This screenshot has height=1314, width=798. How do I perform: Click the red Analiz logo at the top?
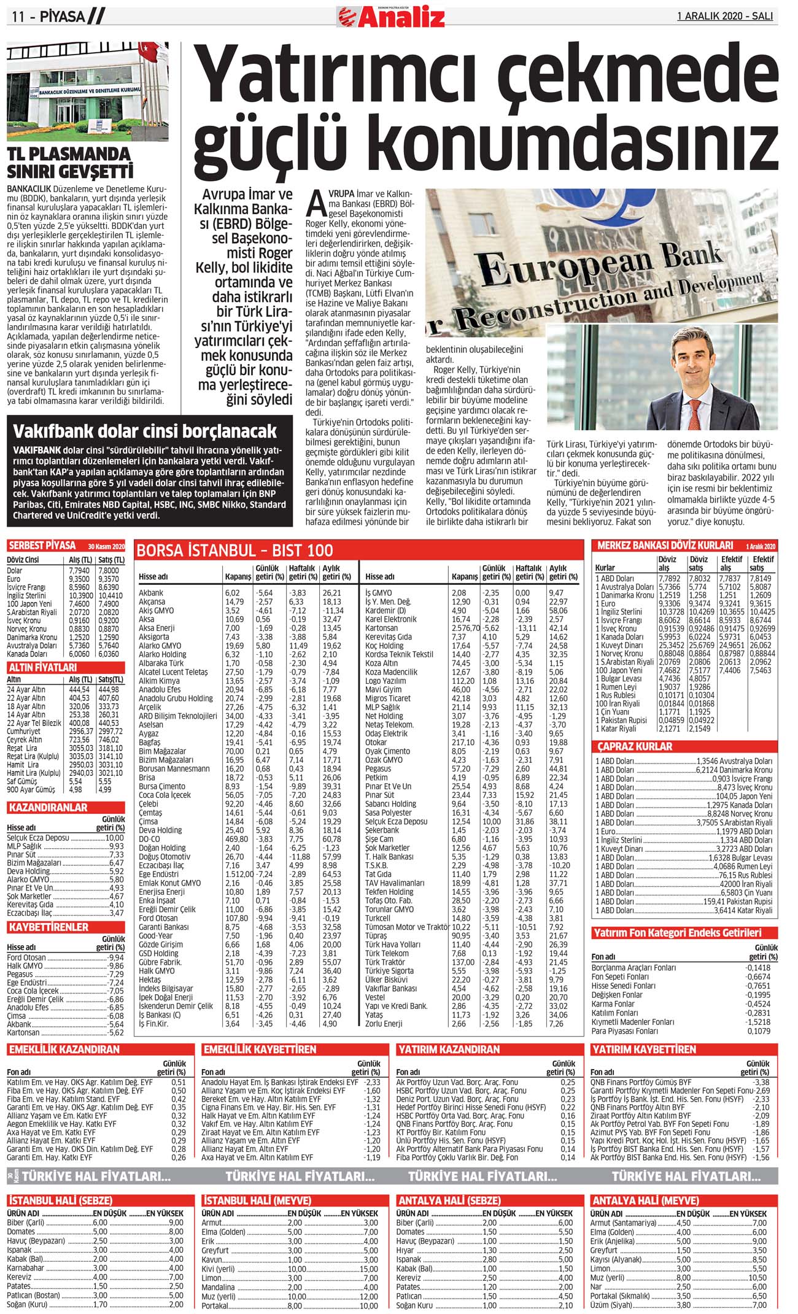point(391,16)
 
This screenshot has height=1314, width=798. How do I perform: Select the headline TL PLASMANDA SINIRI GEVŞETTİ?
point(69,162)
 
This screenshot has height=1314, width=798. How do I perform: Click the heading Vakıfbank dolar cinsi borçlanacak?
point(145,431)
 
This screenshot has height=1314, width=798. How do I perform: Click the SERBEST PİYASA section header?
point(42,546)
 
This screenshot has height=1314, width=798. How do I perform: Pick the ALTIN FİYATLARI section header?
point(43,667)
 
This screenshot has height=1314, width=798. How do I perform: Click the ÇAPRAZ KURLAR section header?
point(635,746)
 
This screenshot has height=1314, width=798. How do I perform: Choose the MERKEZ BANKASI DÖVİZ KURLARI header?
point(665,545)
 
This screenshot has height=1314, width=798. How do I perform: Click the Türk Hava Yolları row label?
point(393,945)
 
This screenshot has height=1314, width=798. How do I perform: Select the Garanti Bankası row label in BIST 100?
point(164,927)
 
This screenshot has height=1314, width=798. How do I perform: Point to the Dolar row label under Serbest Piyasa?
point(15,570)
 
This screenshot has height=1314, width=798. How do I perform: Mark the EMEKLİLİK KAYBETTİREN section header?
point(260,1049)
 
